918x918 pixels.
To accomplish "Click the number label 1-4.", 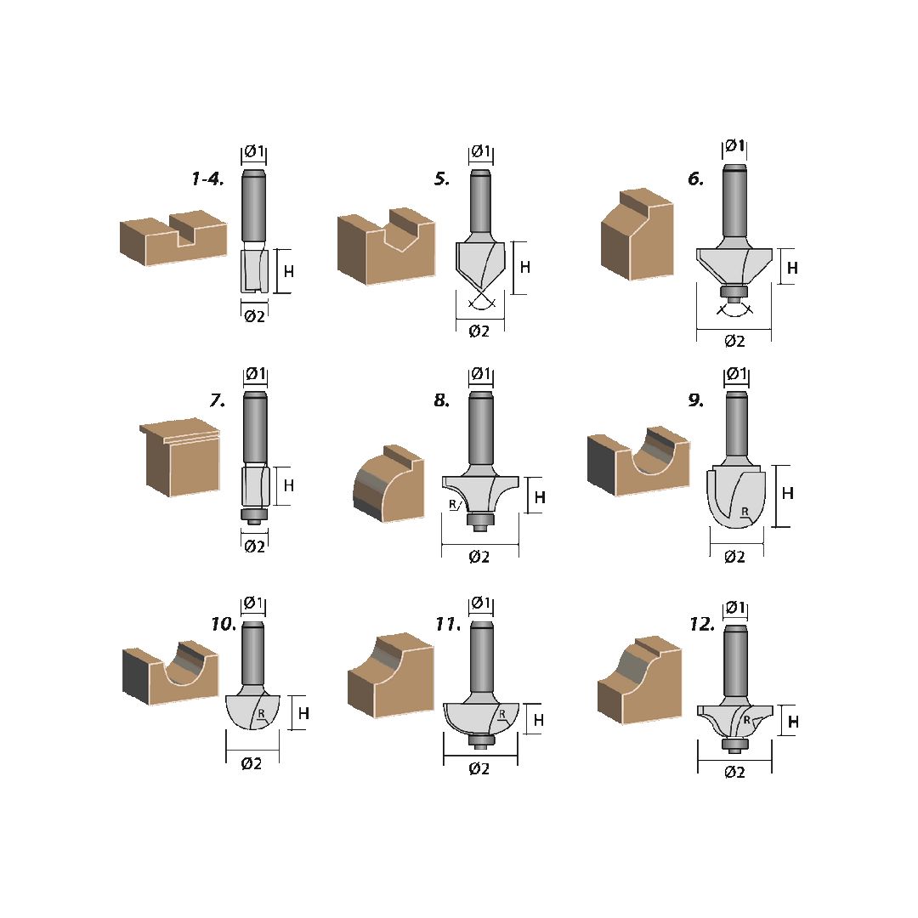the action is (x=208, y=178).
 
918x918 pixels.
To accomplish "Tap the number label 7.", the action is (x=218, y=400).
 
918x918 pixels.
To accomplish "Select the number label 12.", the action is (x=702, y=625).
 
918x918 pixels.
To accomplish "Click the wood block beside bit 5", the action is (x=386, y=246).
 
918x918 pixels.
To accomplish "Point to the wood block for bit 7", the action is (x=180, y=459).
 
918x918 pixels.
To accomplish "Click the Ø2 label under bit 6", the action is (x=734, y=341).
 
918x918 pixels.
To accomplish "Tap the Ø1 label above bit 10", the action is (x=253, y=602).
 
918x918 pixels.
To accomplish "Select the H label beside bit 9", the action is (x=787, y=493).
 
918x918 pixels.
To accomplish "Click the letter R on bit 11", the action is (x=501, y=715).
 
